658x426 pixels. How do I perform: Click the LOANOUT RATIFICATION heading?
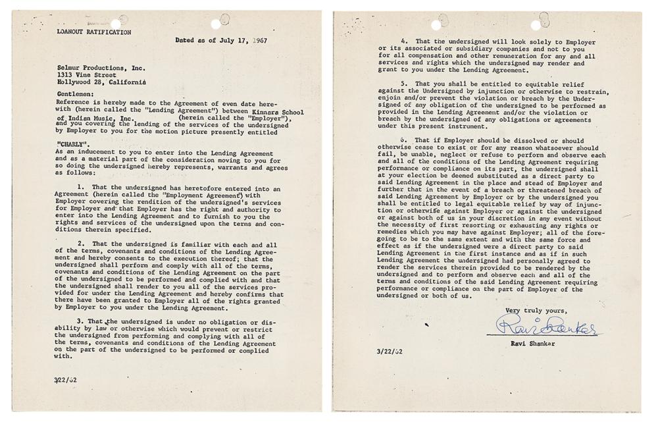coord(93,32)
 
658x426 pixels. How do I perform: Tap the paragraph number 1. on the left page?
coord(81,188)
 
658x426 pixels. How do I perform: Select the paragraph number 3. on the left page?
coord(81,321)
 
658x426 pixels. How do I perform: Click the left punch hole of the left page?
coord(116,24)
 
